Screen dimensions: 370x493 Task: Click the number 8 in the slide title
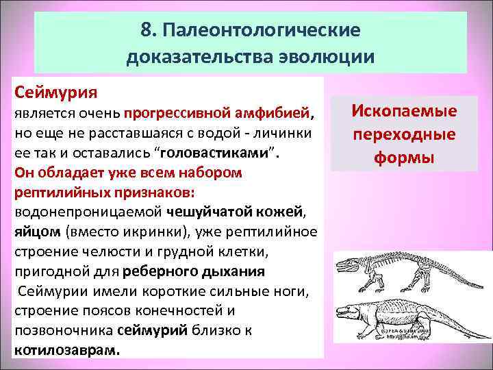(x=146, y=32)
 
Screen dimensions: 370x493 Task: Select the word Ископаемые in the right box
(x=404, y=111)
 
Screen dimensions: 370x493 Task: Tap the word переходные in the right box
(x=404, y=134)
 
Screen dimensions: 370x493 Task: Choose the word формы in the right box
(x=404, y=158)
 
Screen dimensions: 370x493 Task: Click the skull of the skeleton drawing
(x=349, y=264)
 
